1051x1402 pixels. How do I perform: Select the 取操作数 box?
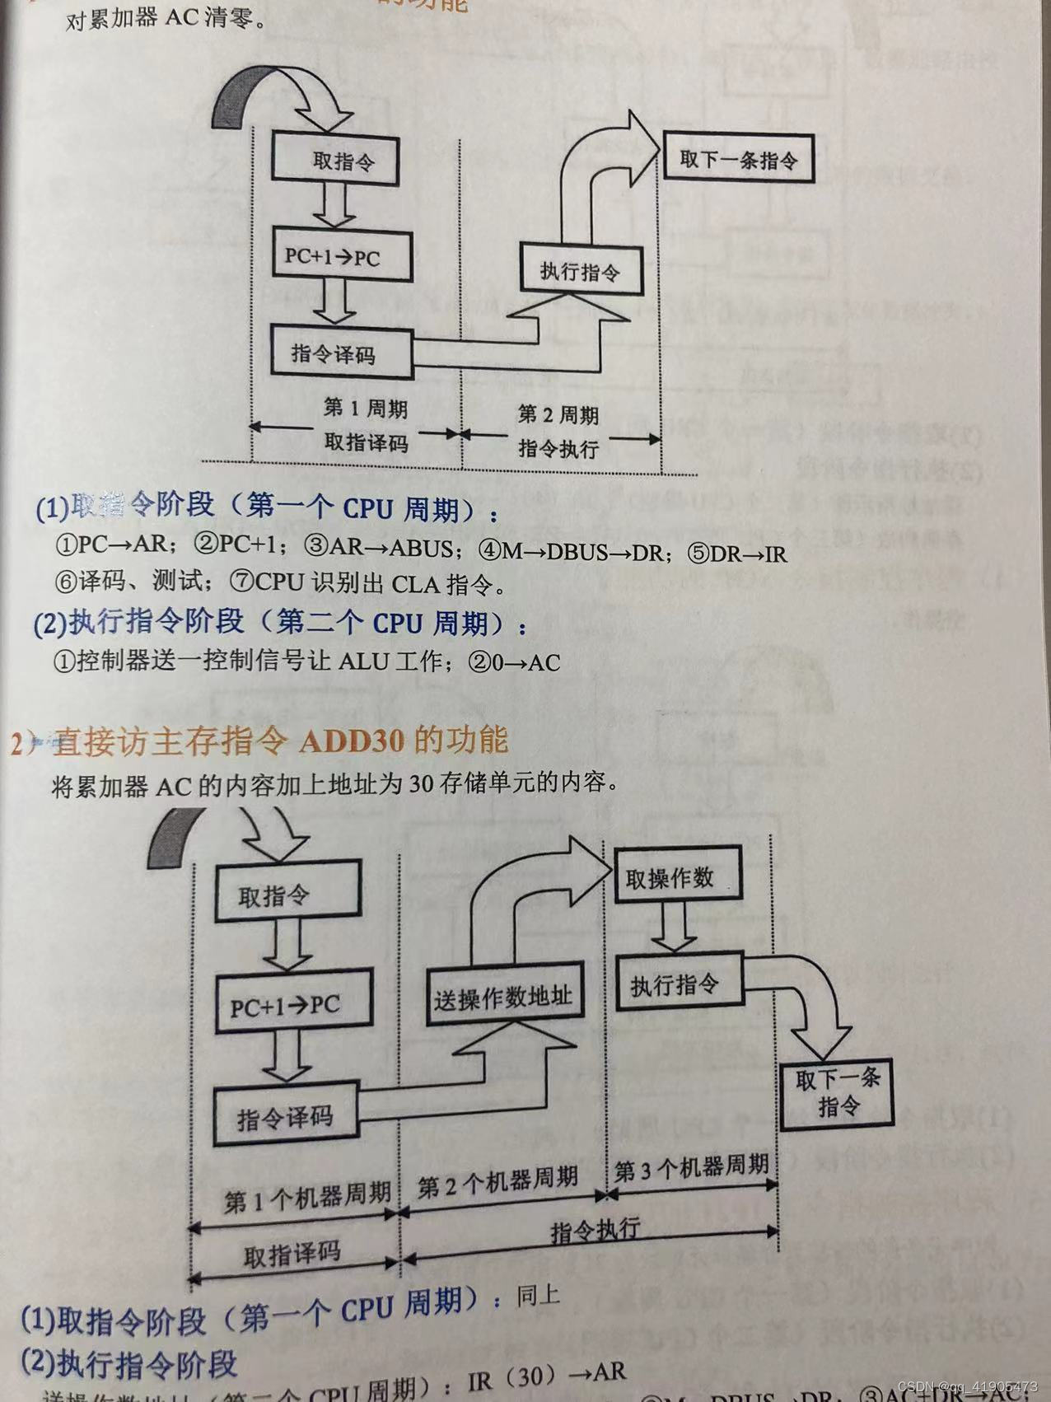pyautogui.click(x=669, y=878)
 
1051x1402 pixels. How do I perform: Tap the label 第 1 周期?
pyautogui.click(x=365, y=408)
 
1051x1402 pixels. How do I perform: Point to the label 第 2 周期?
pyautogui.click(x=558, y=415)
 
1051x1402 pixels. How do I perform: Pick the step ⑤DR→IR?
pyautogui.click(x=736, y=554)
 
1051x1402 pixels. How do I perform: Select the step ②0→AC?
pyautogui.click(x=514, y=663)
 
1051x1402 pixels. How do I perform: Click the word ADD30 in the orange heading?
pyautogui.click(x=352, y=741)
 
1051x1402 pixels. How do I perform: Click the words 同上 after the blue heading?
pyautogui.click(x=538, y=1296)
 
